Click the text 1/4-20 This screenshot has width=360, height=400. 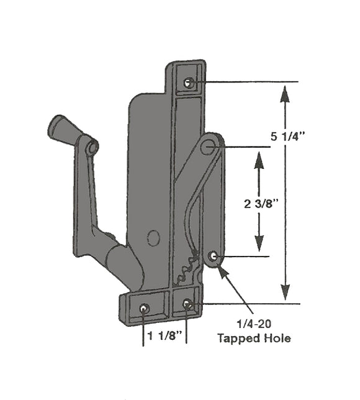click(x=252, y=325)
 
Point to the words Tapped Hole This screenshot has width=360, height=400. click(x=253, y=339)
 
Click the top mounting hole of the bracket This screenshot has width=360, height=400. click(x=189, y=83)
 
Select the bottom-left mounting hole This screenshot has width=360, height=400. click(x=144, y=309)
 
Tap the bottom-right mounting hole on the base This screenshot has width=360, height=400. click(x=187, y=303)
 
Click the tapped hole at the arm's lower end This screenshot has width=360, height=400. click(x=214, y=256)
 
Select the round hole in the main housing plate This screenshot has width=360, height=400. click(x=152, y=237)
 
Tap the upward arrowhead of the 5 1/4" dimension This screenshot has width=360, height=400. click(x=284, y=94)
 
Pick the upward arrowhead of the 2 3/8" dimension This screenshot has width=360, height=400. click(x=259, y=159)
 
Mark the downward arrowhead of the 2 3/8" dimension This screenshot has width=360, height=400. click(x=259, y=243)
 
